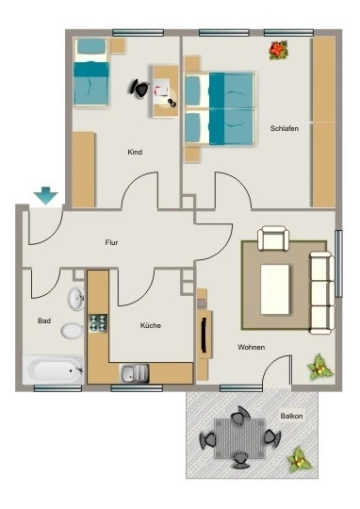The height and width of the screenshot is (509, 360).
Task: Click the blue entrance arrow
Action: [x=45, y=195]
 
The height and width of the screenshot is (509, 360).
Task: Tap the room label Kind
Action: [x=135, y=152]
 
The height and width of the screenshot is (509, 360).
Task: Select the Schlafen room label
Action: [x=285, y=128]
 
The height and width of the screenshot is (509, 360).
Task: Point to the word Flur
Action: [x=111, y=242]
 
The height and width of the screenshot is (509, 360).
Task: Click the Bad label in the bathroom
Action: [x=44, y=320]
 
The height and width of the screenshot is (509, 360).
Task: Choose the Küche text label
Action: [x=151, y=325]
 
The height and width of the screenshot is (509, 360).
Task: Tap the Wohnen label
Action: [x=252, y=347]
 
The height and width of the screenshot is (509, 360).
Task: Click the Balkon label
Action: [x=291, y=416]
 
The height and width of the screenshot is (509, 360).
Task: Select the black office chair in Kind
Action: [x=139, y=88]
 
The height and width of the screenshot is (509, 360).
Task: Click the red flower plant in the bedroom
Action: [x=279, y=50]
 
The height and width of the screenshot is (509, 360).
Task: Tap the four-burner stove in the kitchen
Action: [x=98, y=323]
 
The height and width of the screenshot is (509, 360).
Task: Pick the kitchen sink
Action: [x=135, y=373]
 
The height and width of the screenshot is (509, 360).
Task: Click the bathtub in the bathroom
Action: [x=53, y=370]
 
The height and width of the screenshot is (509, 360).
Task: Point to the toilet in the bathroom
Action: [x=73, y=331]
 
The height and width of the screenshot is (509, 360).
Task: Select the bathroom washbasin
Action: [x=76, y=299]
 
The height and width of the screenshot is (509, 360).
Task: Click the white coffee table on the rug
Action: [x=274, y=289]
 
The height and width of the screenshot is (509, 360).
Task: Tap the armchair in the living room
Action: [x=273, y=238]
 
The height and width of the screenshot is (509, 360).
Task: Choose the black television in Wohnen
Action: [x=204, y=335]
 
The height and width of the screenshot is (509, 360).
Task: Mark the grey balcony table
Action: [x=239, y=438]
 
